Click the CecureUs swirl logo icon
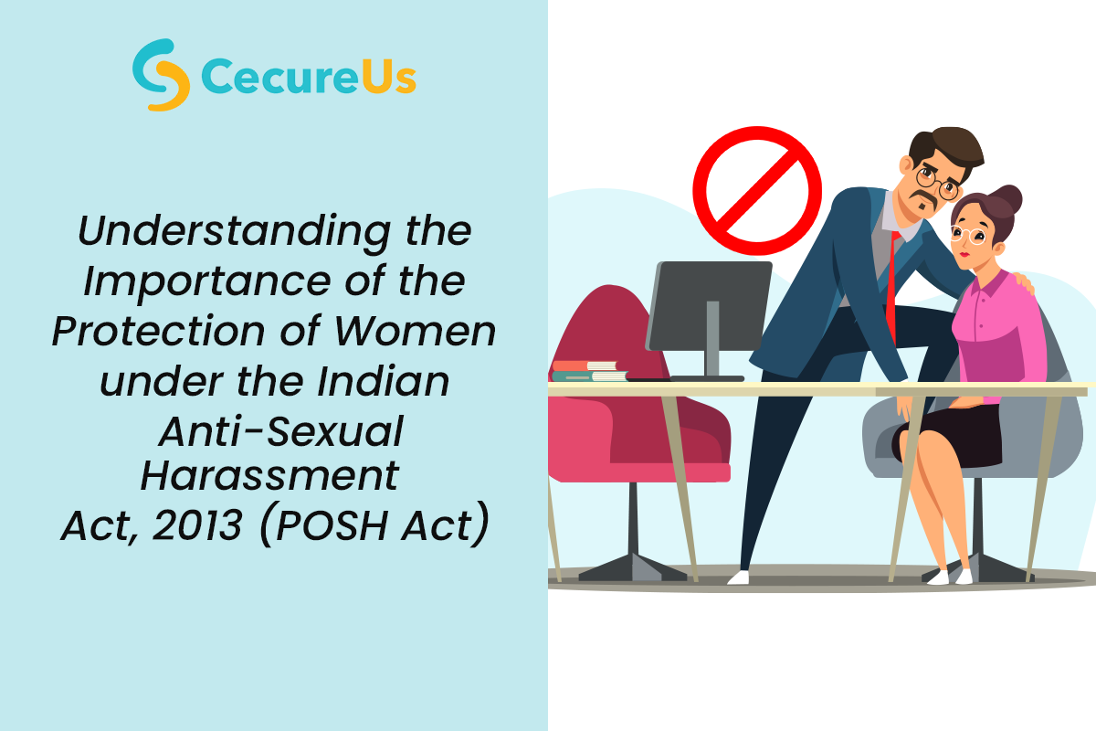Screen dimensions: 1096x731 tap(161, 75)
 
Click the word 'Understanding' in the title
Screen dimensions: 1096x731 tap(234, 232)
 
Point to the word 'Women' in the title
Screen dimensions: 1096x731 tap(415, 332)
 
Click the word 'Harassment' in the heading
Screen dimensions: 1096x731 tap(269, 475)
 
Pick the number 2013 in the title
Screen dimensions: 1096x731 tap(197, 525)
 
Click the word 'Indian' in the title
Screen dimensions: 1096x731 tap(383, 381)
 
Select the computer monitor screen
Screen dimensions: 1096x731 tap(709, 305)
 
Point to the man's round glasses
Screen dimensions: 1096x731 tap(937, 182)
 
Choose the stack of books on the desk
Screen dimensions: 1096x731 tap(589, 371)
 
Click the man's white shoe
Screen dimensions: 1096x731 tap(738, 577)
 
